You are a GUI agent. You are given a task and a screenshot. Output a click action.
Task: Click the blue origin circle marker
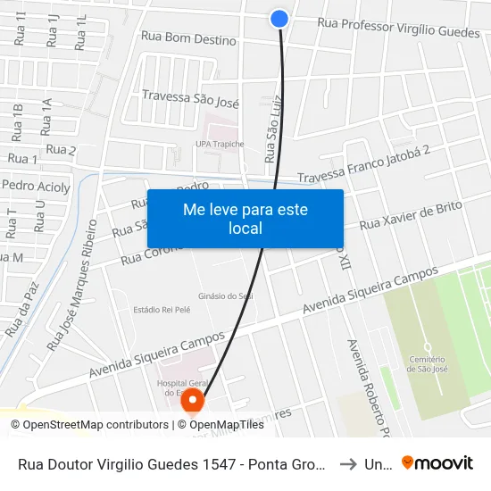(279, 18)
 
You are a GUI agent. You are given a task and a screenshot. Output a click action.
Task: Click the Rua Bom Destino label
(188, 38)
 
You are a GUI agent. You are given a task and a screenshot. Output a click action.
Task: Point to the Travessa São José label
(190, 97)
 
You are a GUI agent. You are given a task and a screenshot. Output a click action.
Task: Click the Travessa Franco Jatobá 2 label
(364, 167)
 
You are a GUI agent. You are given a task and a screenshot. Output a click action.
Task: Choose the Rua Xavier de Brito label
(411, 216)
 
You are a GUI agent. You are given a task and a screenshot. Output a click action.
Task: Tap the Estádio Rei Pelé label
(162, 309)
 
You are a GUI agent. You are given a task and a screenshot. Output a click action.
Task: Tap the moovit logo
(437, 462)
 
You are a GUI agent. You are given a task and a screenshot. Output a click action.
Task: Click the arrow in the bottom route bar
(348, 463)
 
